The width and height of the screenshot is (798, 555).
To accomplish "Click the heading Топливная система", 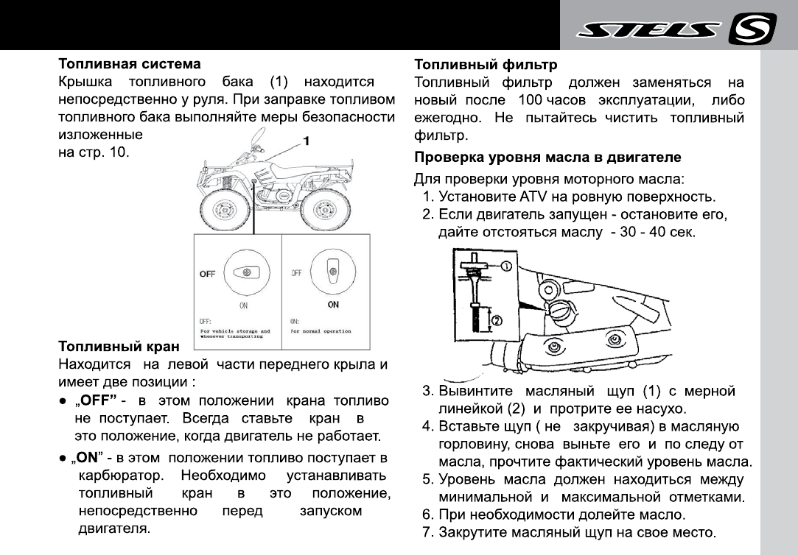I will click(130, 65).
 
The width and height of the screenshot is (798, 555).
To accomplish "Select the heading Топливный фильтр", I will click(486, 65).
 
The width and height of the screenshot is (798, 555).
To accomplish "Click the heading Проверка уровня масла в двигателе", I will click(547, 158).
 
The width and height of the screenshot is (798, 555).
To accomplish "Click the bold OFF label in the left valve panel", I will click(207, 274).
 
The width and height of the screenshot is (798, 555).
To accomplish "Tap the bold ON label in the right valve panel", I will click(333, 304).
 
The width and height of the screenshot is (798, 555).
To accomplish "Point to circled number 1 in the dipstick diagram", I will click(508, 266).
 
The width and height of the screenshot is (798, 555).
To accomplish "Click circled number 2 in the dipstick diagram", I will click(497, 320).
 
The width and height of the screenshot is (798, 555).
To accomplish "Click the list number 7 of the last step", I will click(427, 531).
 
